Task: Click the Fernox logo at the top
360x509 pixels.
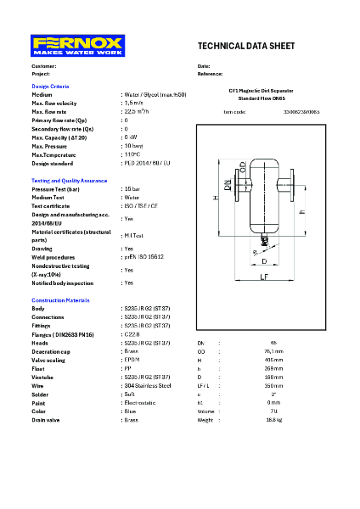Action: coord(77,46)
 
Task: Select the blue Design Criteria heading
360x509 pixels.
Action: coord(50,87)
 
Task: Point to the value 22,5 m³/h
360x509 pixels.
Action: coord(137,111)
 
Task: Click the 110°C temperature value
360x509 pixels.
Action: coord(132,154)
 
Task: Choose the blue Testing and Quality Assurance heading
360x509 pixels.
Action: coord(70,181)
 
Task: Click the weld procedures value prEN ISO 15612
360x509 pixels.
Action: coord(145,256)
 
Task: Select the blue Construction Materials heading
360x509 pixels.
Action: coord(62,301)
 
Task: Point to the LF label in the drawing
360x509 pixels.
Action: coord(264,277)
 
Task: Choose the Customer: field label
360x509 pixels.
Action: coord(44,66)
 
